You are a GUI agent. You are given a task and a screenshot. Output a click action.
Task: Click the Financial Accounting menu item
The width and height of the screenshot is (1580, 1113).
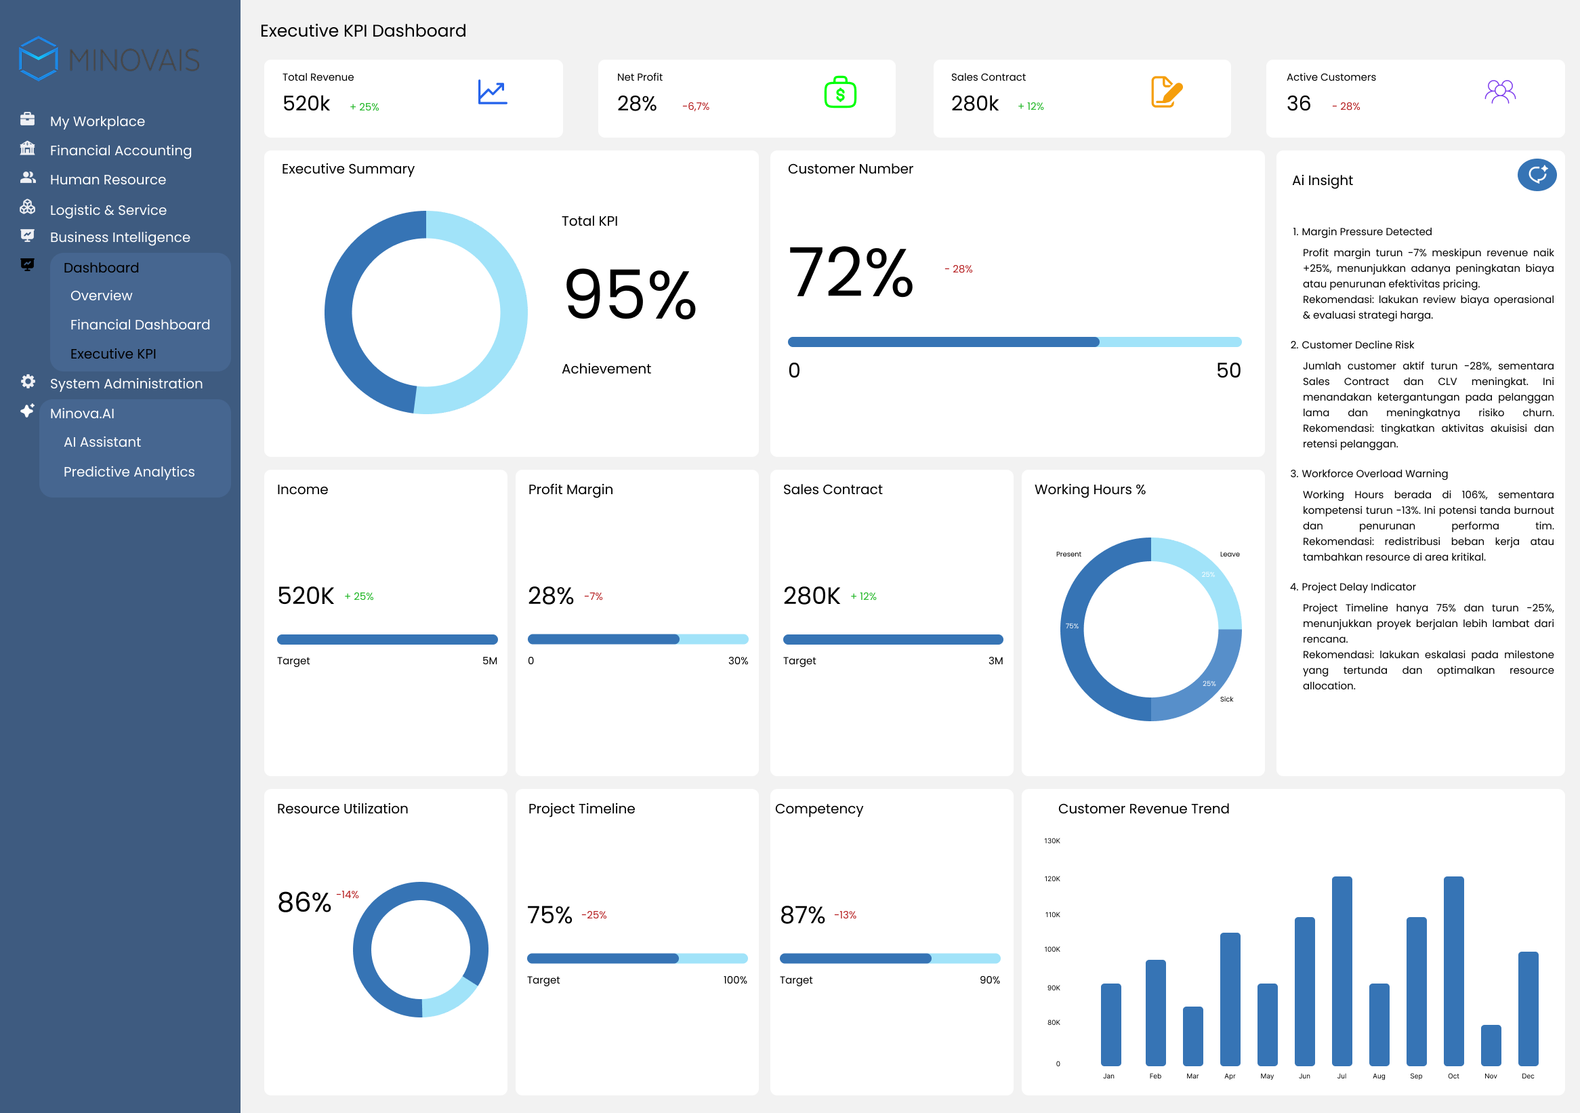click(x=121, y=150)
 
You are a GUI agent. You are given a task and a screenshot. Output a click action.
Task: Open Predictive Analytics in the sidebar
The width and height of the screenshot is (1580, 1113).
click(x=129, y=472)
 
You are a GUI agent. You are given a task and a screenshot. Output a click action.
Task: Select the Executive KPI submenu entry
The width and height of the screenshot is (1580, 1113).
click(x=113, y=354)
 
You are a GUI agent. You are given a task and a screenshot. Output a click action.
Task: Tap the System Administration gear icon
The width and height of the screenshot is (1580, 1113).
click(x=28, y=382)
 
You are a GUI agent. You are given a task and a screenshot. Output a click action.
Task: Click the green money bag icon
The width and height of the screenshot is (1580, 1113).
click(x=839, y=92)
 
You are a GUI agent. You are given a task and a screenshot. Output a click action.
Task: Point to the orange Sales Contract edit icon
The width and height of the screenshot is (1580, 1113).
click(x=1166, y=92)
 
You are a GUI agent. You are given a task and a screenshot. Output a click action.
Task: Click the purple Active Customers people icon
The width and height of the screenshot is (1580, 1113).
click(x=1500, y=92)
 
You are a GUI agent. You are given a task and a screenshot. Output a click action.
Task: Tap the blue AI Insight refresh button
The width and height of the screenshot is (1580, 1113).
click(x=1537, y=175)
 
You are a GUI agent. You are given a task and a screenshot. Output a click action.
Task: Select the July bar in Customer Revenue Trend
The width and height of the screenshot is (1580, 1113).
click(x=1342, y=971)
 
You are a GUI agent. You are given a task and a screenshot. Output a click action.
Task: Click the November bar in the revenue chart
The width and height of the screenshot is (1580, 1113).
click(x=1491, y=1045)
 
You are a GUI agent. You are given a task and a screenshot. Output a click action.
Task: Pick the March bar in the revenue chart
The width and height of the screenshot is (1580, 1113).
click(x=1192, y=1036)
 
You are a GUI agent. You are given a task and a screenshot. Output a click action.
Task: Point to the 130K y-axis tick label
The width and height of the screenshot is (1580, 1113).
click(x=1052, y=841)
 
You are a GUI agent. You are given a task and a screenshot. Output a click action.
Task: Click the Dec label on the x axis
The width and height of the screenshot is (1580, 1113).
click(x=1528, y=1076)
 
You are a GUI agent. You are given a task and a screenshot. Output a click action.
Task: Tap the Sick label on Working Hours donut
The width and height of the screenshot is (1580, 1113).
click(x=1226, y=700)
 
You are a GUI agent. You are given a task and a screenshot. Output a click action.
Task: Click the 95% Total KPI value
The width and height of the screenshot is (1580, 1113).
click(x=629, y=295)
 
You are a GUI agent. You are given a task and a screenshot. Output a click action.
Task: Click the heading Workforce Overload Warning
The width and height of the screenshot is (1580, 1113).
click(x=1374, y=474)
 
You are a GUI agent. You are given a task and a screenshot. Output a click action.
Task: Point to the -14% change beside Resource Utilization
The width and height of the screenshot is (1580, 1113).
click(x=348, y=895)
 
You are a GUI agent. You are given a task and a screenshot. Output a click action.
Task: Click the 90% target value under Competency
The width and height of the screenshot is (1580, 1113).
click(x=990, y=980)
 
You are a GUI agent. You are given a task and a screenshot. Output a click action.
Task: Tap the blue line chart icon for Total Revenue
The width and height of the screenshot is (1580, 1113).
click(x=493, y=92)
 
